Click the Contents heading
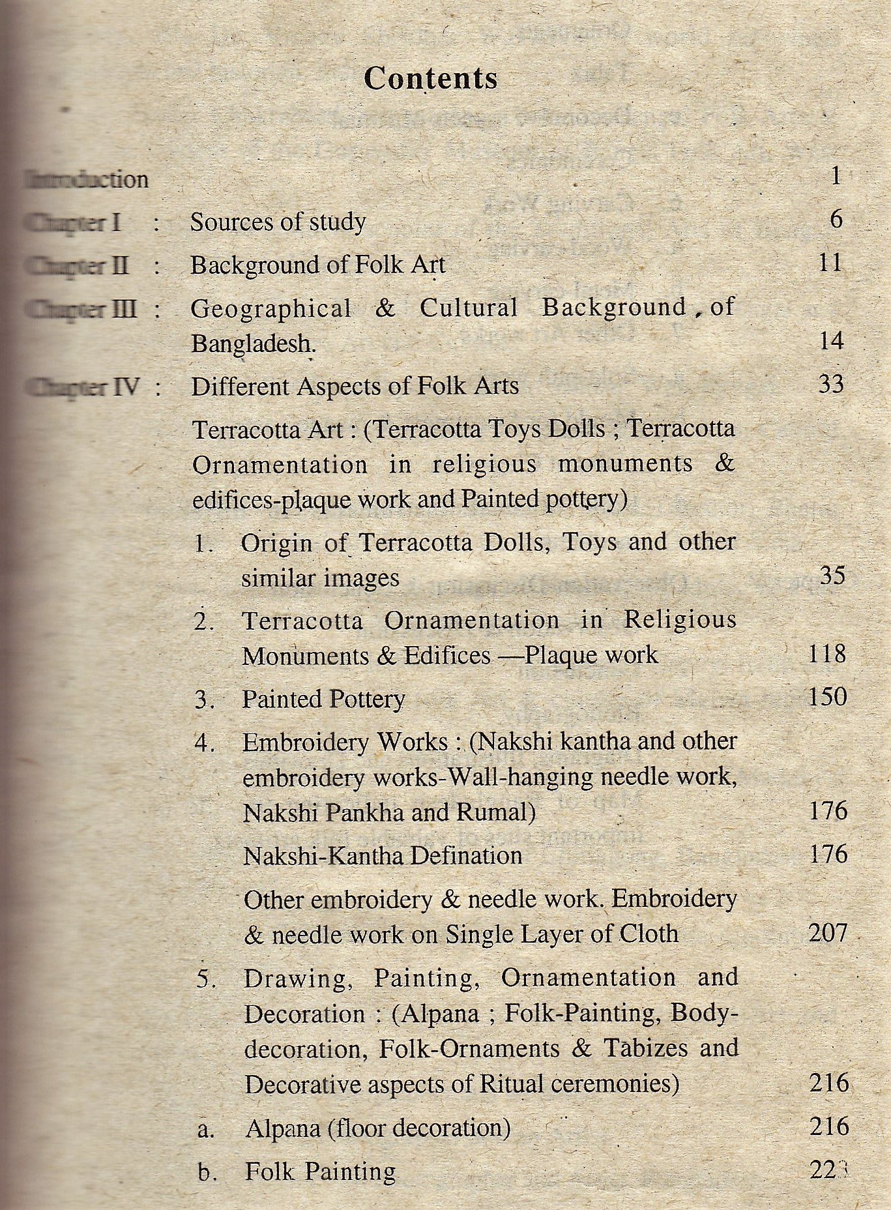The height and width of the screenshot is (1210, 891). click(430, 78)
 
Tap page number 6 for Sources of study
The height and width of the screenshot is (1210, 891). click(836, 219)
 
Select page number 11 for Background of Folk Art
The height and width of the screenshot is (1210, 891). click(830, 263)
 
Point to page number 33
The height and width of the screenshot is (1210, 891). click(831, 383)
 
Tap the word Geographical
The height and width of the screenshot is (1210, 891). click(270, 308)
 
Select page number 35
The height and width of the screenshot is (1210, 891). click(832, 576)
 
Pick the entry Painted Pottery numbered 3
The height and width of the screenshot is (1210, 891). click(323, 700)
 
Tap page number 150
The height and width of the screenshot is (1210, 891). click(827, 697)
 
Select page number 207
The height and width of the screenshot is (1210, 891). click(828, 933)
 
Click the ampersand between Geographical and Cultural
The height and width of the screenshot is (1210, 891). click(385, 308)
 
